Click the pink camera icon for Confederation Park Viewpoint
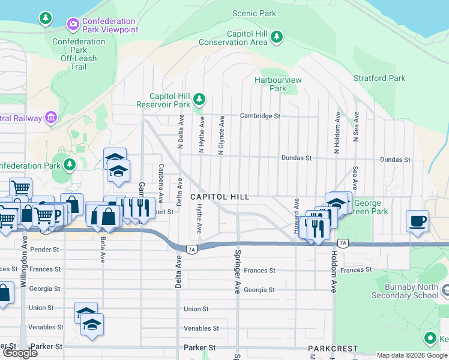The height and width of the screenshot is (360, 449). (x=73, y=23)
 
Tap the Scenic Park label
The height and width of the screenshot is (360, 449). (x=254, y=13)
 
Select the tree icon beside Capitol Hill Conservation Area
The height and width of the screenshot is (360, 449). (x=276, y=38)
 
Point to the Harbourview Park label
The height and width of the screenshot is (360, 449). (x=278, y=84)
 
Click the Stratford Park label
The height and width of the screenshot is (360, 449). (x=379, y=78)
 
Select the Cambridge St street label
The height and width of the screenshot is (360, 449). (x=260, y=116)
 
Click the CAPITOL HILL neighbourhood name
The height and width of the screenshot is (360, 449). (x=219, y=197)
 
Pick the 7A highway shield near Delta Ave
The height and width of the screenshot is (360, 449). (x=191, y=249)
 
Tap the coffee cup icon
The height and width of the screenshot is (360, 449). (x=418, y=221)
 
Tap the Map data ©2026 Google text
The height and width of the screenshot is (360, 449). (x=412, y=355)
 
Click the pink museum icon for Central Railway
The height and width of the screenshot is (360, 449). (x=52, y=118)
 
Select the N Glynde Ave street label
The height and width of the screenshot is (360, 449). (x=221, y=136)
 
